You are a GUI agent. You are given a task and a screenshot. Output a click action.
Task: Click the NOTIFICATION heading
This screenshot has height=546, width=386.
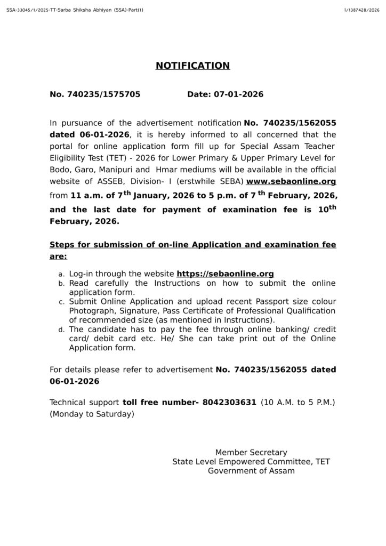click(192, 66)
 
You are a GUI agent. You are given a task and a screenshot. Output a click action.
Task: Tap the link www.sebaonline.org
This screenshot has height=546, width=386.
click(291, 181)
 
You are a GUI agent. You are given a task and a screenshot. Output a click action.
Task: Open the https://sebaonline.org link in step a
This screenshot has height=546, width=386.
click(225, 274)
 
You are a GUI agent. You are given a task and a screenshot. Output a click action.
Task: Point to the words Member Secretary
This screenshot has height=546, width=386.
click(251, 452)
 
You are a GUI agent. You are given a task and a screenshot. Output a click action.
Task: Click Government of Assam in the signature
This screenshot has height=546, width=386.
click(251, 471)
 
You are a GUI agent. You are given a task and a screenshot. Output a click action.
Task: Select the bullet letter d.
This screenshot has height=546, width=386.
click(61, 330)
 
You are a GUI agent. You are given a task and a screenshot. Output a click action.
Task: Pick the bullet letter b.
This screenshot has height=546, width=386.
click(61, 284)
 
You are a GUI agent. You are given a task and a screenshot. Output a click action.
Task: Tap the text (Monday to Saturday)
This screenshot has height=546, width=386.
click(92, 414)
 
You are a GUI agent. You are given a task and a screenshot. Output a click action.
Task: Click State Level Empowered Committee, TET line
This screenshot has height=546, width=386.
click(251, 462)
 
